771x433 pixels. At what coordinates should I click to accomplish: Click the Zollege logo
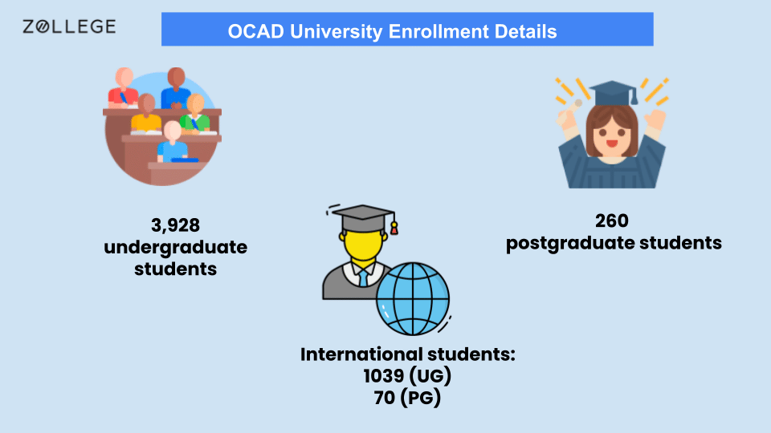[68, 27]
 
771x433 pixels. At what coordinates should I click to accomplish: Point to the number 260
[614, 221]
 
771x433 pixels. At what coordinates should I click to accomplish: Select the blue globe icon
[413, 300]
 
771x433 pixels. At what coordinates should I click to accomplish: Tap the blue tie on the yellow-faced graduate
[362, 277]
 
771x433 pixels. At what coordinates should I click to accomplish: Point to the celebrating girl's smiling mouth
[611, 144]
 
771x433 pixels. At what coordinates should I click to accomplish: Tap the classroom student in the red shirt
[124, 87]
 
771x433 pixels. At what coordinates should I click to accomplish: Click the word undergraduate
[175, 247]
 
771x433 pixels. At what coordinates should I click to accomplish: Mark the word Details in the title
[524, 32]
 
